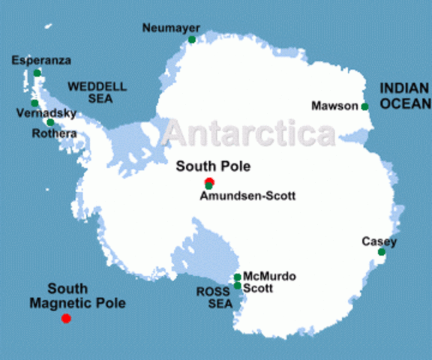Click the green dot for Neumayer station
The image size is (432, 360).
192,39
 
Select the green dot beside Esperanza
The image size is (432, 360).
37,73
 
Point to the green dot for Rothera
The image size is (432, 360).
50,122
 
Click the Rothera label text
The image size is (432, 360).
54,133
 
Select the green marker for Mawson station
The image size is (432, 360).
364,106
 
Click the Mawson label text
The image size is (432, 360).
334,106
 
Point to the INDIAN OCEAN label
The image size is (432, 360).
405,96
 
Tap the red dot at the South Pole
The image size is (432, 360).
209,181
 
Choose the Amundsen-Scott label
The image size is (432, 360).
247,196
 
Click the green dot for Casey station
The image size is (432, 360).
381,252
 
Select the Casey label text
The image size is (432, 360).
379,241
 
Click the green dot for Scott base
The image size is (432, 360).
237,286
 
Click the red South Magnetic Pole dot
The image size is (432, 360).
66,319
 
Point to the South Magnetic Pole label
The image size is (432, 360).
77,296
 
